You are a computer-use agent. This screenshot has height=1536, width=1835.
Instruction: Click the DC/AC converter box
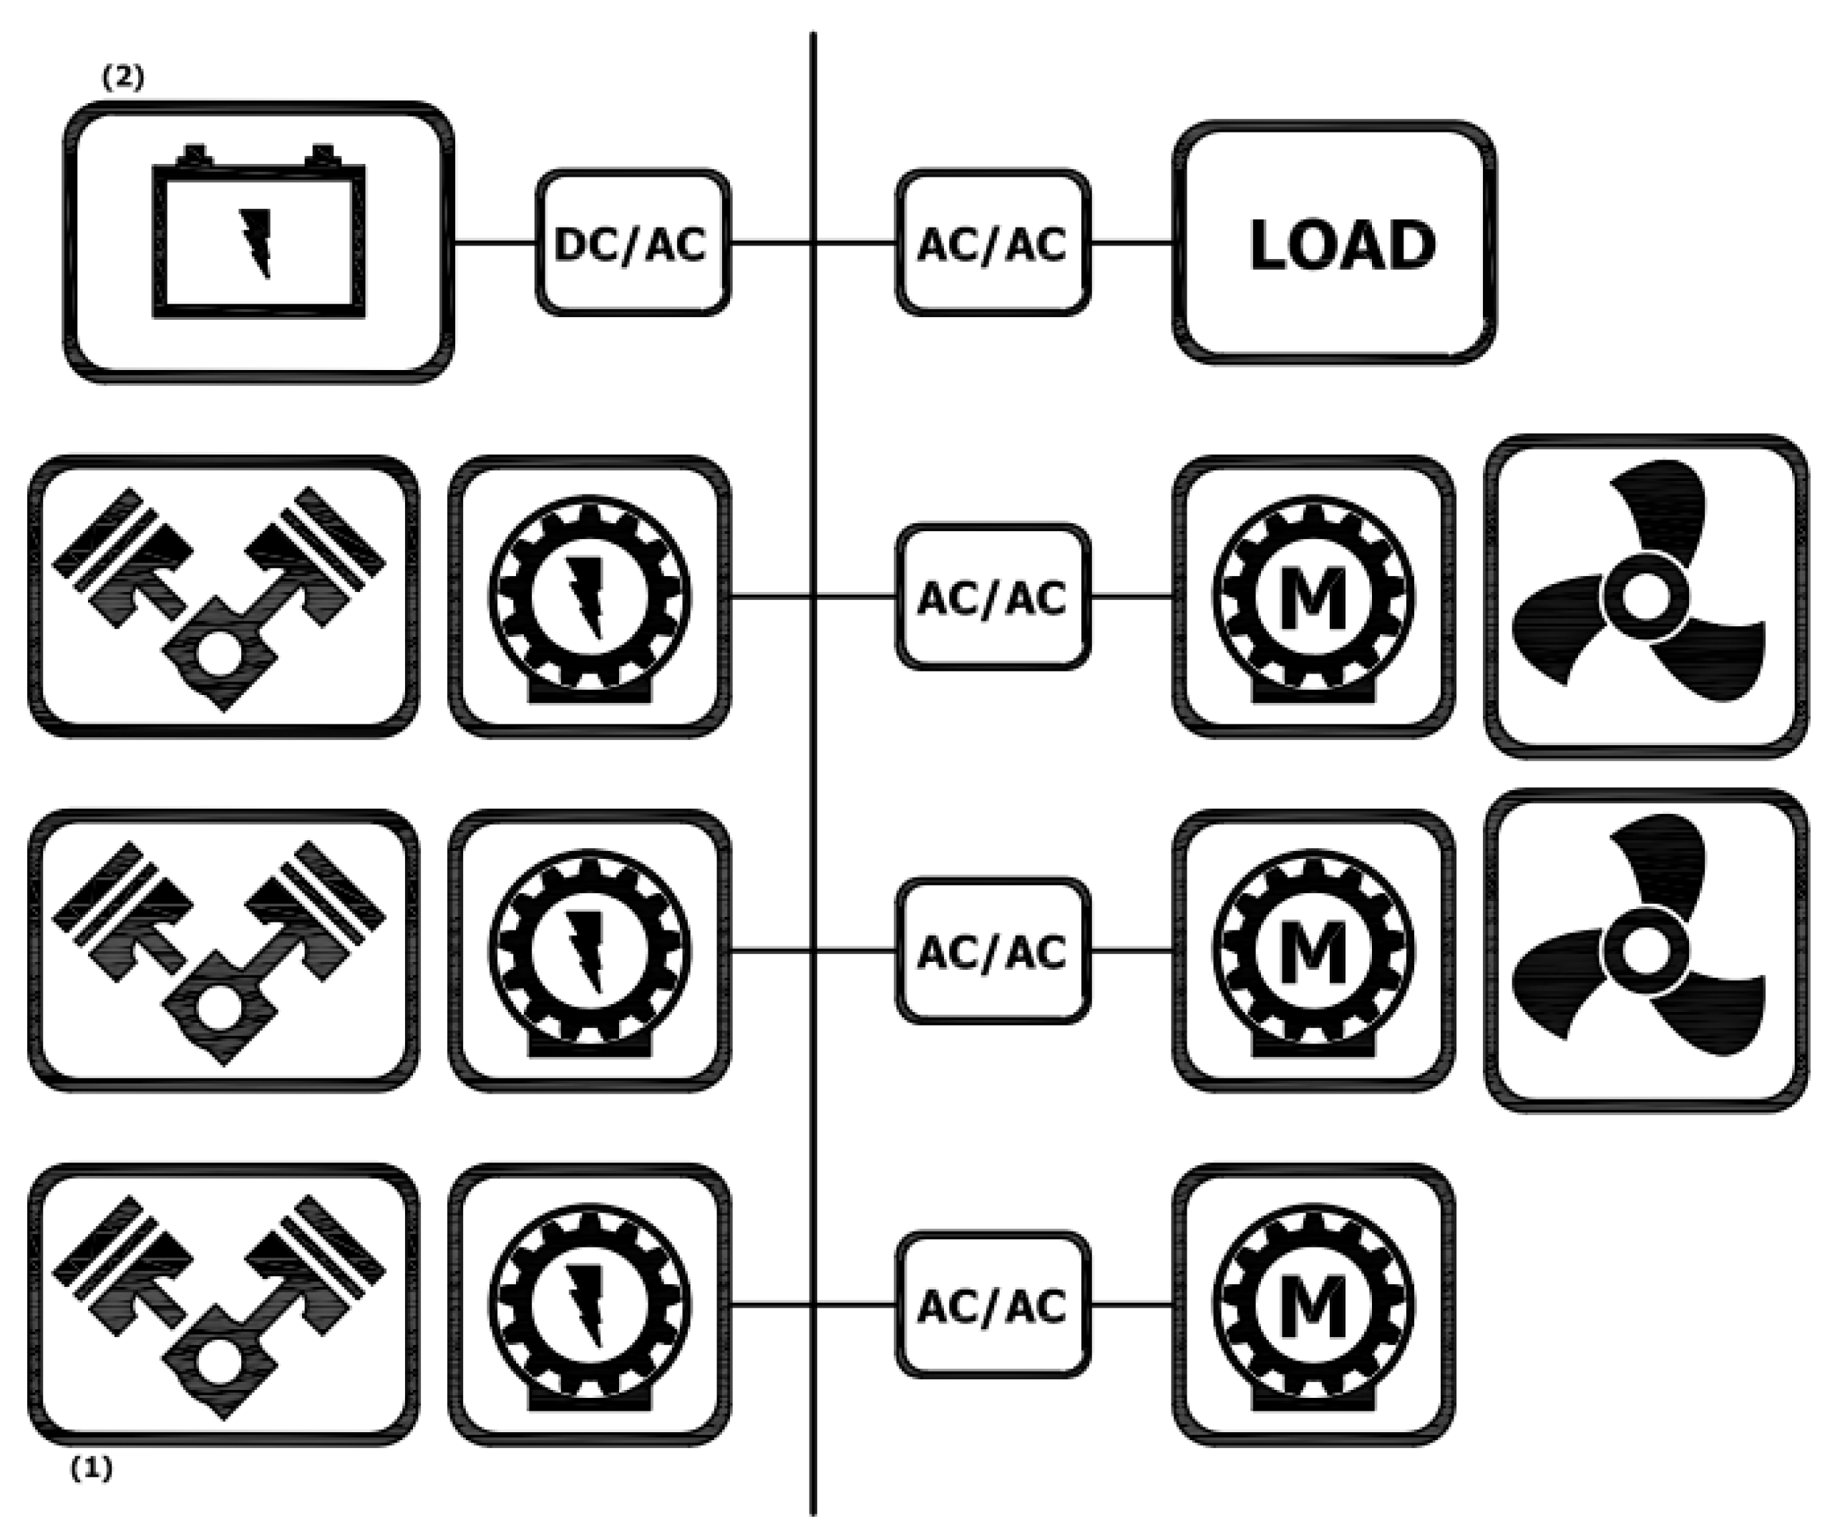[x=633, y=243]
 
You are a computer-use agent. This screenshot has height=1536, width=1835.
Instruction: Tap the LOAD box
[x=1333, y=243]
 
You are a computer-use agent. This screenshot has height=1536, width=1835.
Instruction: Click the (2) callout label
[x=122, y=78]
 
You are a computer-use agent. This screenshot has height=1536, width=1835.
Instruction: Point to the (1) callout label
[x=92, y=1469]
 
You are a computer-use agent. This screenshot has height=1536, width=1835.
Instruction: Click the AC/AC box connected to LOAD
[x=993, y=243]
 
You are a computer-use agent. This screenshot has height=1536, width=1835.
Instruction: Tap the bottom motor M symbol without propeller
[x=1313, y=1305]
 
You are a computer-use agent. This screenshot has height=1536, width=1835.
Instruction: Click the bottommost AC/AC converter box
[x=993, y=1305]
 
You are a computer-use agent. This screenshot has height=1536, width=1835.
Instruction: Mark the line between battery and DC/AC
[x=495, y=243]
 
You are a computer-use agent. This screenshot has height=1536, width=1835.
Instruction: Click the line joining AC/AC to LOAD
[x=1131, y=243]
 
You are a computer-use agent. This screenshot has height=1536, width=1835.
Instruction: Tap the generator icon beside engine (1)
[x=590, y=1305]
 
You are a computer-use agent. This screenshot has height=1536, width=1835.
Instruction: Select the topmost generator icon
[x=590, y=597]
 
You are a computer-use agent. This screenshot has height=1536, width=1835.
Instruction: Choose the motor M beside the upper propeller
[x=1313, y=597]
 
